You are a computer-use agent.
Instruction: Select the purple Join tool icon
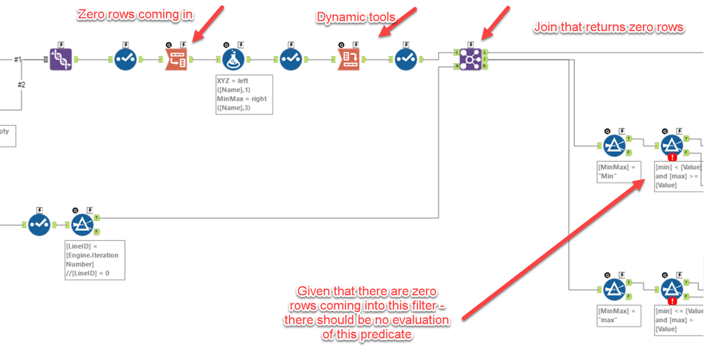coord(470,59)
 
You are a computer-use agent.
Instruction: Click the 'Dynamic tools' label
coord(347,16)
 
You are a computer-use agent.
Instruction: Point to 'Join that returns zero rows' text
coord(608,28)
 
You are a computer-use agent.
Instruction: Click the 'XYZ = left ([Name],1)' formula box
coord(242,94)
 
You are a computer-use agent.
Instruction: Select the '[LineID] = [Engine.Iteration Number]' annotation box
coord(94,259)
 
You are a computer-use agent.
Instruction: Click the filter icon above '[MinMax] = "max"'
coord(613,288)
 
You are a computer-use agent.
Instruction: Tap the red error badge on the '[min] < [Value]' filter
coord(671,159)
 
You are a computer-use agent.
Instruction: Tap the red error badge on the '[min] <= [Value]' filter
coord(671,300)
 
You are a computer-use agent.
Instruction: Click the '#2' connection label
coord(21,85)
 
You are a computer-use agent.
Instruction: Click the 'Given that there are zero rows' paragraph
coord(373,312)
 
